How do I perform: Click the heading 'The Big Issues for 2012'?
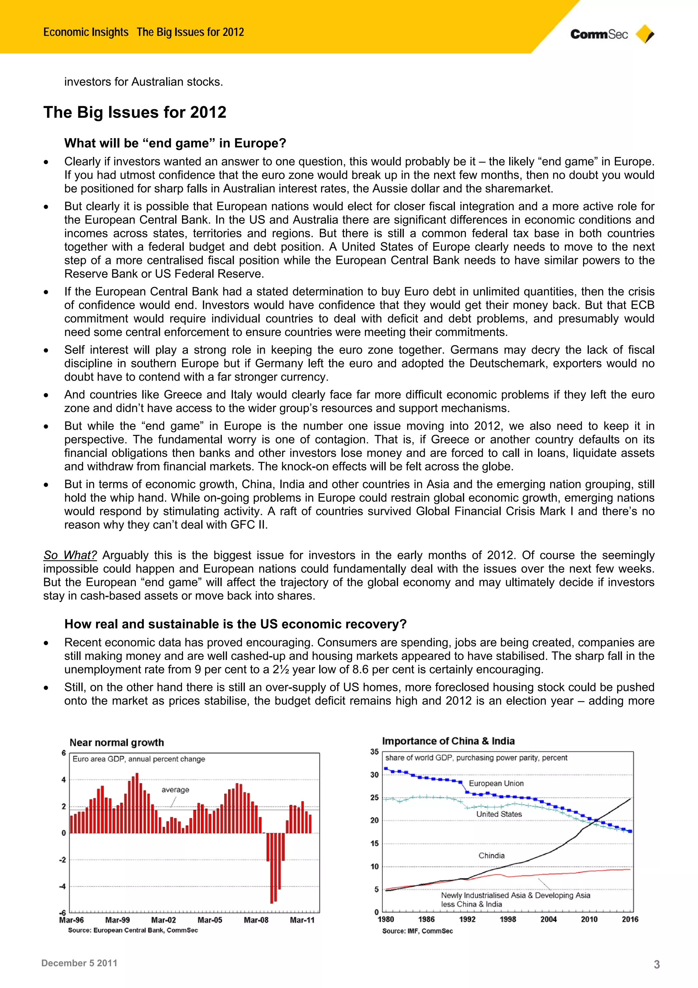(x=135, y=112)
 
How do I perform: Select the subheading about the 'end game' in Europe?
(x=175, y=143)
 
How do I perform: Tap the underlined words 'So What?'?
(x=70, y=555)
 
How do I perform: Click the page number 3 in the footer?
(x=656, y=964)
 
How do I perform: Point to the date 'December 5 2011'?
(x=79, y=963)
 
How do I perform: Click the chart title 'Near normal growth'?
(x=117, y=742)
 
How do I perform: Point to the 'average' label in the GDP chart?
(x=175, y=790)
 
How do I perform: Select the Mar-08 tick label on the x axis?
(x=256, y=920)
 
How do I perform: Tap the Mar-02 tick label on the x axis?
(x=164, y=920)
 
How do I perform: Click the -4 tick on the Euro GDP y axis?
(x=63, y=886)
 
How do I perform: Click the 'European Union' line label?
(x=496, y=783)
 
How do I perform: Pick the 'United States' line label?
(x=499, y=814)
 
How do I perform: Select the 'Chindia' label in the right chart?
(x=491, y=855)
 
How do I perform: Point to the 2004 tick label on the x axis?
(x=548, y=919)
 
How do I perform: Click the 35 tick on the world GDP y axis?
(x=375, y=752)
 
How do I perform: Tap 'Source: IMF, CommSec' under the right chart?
(x=417, y=931)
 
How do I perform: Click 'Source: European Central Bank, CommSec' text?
(x=133, y=930)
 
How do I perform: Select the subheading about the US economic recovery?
(x=235, y=624)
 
